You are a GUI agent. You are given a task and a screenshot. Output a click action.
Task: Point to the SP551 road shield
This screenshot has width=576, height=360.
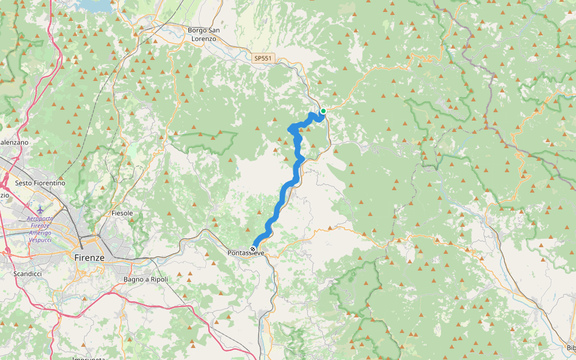click(263, 58)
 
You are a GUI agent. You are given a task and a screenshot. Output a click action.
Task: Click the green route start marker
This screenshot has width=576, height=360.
click(323, 111)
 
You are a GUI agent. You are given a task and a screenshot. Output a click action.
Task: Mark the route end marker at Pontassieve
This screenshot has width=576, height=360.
click(253, 248)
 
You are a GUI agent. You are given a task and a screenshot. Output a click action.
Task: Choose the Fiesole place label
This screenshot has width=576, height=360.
click(122, 213)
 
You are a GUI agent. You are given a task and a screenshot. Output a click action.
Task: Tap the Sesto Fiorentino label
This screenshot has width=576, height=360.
click(40, 182)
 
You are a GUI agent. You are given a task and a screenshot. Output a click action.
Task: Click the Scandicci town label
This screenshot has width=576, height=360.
click(28, 274)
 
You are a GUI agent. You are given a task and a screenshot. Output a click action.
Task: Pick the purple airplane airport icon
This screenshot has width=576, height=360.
click(40, 209)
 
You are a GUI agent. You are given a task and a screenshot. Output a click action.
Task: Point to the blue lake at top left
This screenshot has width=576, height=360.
click(96, 5)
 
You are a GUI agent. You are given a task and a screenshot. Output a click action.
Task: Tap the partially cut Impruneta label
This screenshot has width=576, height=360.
click(89, 358)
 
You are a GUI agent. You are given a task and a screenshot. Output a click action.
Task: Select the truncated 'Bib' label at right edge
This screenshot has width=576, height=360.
click(571, 348)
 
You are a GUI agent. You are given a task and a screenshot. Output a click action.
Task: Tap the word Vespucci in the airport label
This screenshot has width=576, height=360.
click(40, 240)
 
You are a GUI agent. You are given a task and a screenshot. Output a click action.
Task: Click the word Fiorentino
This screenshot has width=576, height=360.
click(49, 182)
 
